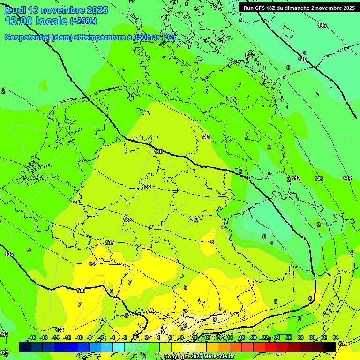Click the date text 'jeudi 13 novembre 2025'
click(x=56, y=10)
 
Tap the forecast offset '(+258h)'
click(x=83, y=21)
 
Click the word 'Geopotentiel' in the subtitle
click(x=27, y=37)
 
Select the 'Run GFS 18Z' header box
click(x=299, y=7)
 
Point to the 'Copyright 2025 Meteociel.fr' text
click(x=199, y=357)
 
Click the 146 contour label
click(x=322, y=25)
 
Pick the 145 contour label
click(x=302, y=60)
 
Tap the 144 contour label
click(x=347, y=178)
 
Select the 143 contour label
click(x=319, y=179)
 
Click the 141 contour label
click(x=206, y=137)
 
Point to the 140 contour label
click(x=158, y=151)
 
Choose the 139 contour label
click(x=146, y=187)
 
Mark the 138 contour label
click(x=127, y=220)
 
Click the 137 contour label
click(x=110, y=242)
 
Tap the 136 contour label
click(x=93, y=264)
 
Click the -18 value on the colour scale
click(x=32, y=337)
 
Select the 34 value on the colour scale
click(x=336, y=337)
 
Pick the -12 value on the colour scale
click(x=67, y=337)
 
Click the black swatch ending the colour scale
click(x=330, y=347)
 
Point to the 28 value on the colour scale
click(x=300, y=337)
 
